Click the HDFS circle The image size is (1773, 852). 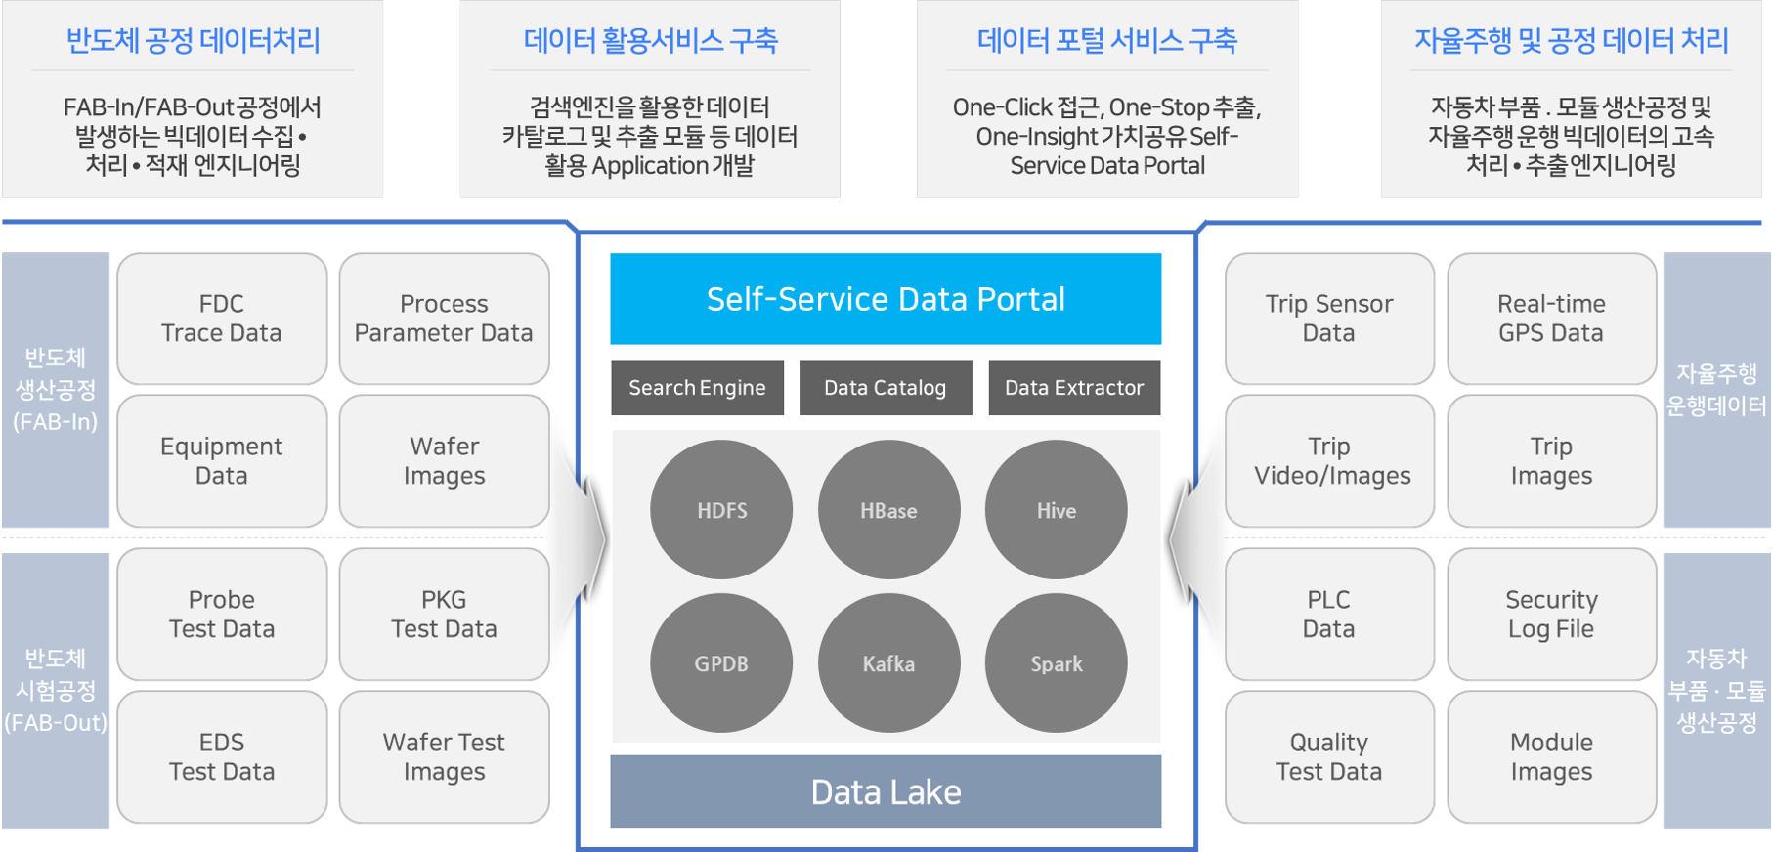(721, 510)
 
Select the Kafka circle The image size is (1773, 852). (888, 663)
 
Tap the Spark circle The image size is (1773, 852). (1056, 663)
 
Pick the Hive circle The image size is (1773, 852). (1056, 510)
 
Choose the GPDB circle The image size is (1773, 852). (721, 663)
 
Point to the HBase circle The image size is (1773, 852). (888, 510)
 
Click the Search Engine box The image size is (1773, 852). (697, 388)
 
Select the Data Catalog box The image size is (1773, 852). (886, 388)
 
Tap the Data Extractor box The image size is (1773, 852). (1074, 388)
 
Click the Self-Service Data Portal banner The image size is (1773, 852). (886, 299)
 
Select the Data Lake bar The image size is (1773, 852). (886, 791)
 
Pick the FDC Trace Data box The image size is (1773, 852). (222, 319)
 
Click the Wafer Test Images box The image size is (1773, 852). (444, 757)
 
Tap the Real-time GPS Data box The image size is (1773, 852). (1551, 319)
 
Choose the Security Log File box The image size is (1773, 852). (1551, 615)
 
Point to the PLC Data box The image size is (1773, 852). (1329, 615)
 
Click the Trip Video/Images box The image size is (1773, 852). (1329, 461)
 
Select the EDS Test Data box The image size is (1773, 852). (222, 757)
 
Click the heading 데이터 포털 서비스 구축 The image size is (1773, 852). (1107, 41)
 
